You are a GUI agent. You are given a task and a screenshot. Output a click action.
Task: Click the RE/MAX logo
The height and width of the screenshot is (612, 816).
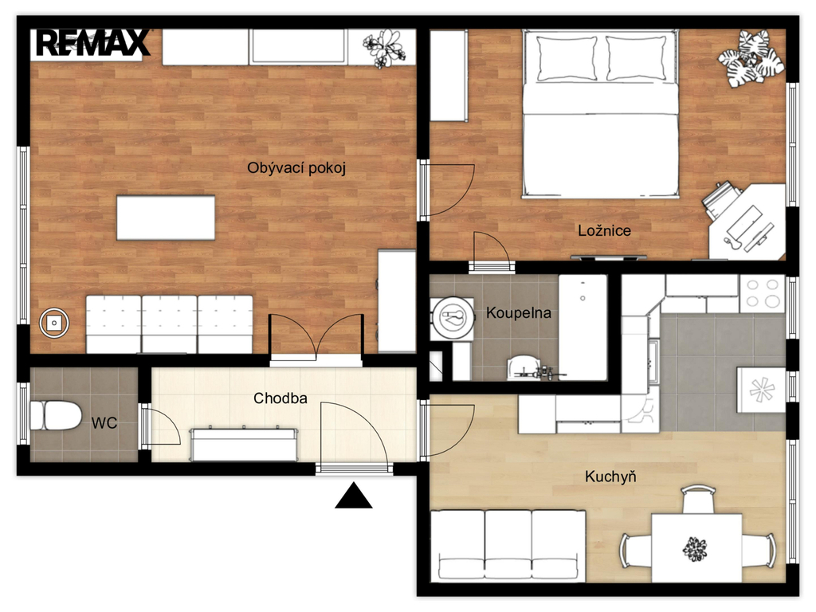[x=93, y=43]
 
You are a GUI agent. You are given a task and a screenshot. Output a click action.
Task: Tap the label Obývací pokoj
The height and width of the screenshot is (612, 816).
[x=296, y=168]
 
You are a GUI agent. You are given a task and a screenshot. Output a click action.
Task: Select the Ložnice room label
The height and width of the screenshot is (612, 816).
[x=604, y=230]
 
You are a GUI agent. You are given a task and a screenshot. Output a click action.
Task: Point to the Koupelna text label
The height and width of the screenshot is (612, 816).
[x=518, y=312]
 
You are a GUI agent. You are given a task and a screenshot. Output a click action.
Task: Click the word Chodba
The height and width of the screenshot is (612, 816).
[x=280, y=398]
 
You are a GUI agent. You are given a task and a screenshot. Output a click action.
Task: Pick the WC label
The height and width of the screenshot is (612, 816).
[x=104, y=423]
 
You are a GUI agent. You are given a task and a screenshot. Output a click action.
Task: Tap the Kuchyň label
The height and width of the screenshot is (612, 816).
[x=610, y=477]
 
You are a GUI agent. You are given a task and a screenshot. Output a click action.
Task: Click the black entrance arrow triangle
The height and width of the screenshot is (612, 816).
[x=353, y=496]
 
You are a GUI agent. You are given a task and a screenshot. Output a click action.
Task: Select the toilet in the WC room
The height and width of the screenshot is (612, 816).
[x=57, y=415]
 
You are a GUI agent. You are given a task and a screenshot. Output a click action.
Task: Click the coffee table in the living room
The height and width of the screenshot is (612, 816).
[x=166, y=218]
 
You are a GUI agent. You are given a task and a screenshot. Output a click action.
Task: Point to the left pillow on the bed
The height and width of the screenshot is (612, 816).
[x=567, y=58]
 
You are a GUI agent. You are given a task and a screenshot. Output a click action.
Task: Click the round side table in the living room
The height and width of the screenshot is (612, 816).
[x=53, y=324]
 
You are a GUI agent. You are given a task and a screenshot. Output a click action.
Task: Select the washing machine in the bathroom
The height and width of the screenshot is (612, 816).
[x=453, y=319]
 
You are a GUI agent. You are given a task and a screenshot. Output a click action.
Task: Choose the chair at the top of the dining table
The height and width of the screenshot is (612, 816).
[x=697, y=499]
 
